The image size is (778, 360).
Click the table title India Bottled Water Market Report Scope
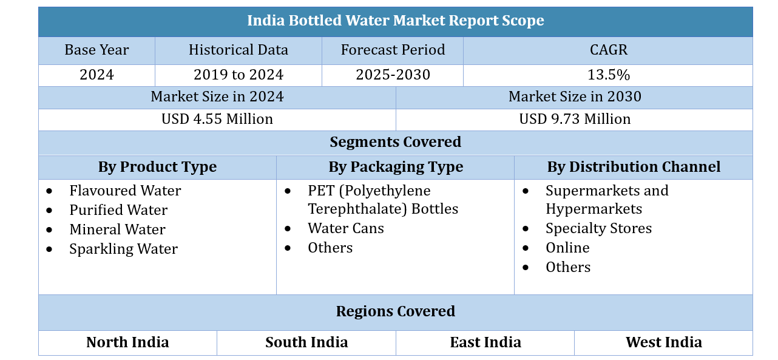pos(395,21)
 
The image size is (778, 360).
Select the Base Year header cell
pos(96,50)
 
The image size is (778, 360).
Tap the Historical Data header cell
pos(238,50)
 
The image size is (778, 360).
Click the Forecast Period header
pos(393,50)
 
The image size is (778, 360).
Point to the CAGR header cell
pos(608,50)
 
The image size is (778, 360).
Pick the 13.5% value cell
pos(608,75)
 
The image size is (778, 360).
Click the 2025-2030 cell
pos(393,75)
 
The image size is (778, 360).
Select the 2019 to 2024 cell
pos(238,75)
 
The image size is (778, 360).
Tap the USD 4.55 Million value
pos(217,119)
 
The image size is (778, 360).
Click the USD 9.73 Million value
pos(574,119)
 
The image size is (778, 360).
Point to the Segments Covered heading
pos(395,142)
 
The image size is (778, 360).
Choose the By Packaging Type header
pos(395,167)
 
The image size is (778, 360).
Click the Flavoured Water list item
pos(125,191)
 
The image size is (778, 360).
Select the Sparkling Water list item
pos(123,249)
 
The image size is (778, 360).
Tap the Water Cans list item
pos(345,228)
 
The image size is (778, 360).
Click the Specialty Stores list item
pos(598,228)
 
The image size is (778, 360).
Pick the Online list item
pos(567,248)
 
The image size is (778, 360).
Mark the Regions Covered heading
pos(395,311)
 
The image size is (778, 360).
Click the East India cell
pos(485,342)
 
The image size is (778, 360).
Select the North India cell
pos(127,342)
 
